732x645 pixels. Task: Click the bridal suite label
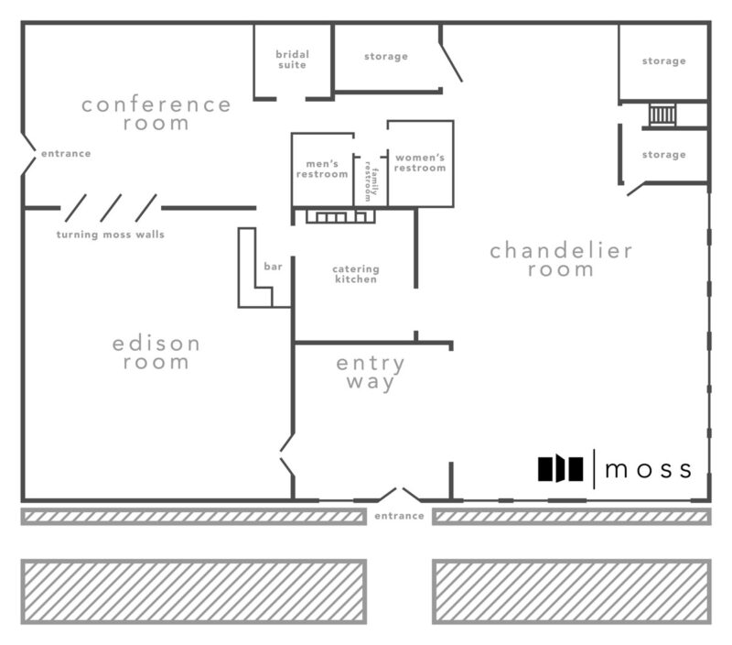coord(292,60)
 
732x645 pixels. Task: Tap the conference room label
coord(156,114)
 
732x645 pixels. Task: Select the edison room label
coord(156,353)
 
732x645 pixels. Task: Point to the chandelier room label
coord(561,260)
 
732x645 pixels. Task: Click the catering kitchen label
coord(356,274)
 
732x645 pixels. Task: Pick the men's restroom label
coord(322,169)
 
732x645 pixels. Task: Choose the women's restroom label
coord(420,163)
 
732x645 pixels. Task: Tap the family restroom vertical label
coord(371,181)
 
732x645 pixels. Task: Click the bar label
coord(273,267)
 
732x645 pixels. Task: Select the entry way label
coord(371,373)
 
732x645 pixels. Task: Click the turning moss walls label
coord(111,235)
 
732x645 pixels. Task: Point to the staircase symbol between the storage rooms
coord(662,115)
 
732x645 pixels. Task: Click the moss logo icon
coord(561,468)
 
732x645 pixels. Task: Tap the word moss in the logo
coord(648,469)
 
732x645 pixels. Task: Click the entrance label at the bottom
coord(399,516)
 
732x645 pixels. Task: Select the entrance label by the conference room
coord(66,153)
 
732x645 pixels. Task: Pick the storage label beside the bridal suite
coord(386,57)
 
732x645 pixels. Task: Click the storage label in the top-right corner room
coord(664,60)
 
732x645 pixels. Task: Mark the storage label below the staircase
coord(664,154)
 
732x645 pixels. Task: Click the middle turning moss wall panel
coord(111,208)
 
